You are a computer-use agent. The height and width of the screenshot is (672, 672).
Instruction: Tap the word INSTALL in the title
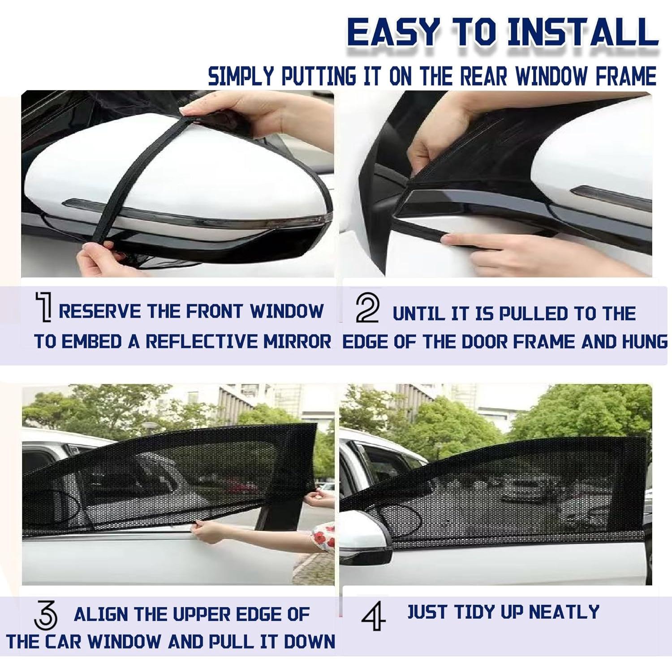coord(582,32)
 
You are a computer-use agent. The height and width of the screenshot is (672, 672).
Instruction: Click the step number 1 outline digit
coord(44,307)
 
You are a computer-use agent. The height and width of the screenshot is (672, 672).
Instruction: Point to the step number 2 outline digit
coord(367,308)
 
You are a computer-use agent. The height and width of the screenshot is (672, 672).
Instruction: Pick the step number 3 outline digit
coord(46,615)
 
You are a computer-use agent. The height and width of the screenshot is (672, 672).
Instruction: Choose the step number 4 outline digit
coord(373,616)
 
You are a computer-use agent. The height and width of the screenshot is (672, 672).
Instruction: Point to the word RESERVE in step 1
coord(99,311)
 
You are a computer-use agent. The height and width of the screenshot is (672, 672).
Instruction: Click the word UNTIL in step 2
coord(418,314)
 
